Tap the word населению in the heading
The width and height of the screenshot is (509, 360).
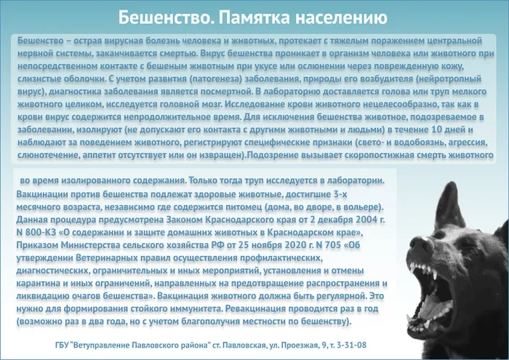(341, 15)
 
